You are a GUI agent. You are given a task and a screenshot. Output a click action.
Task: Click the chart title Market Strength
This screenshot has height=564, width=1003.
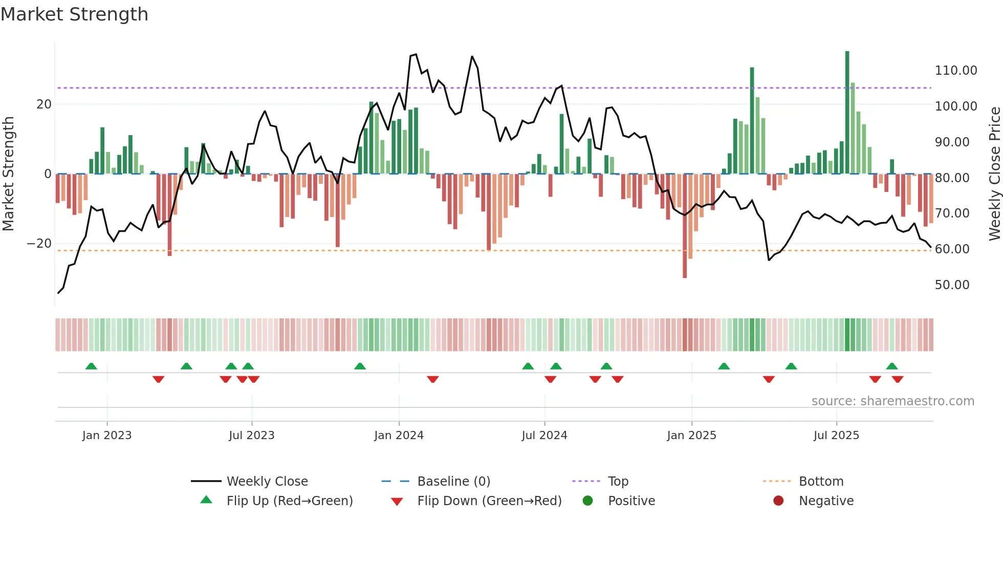tap(74, 14)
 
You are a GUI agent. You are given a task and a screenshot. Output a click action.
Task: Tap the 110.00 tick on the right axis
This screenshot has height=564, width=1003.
tap(955, 71)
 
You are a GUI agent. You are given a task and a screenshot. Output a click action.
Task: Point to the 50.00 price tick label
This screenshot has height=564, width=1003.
tap(952, 285)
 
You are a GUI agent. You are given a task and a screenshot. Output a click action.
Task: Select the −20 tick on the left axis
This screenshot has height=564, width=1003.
tap(39, 244)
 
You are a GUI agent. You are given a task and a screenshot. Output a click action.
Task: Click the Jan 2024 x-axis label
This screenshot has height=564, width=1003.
tap(399, 436)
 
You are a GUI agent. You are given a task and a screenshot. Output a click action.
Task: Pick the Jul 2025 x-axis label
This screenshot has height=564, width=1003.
tap(836, 436)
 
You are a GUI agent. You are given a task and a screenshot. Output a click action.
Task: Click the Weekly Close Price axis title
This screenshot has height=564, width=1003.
tap(994, 174)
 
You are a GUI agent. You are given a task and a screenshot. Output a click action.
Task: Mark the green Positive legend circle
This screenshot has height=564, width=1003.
tap(587, 501)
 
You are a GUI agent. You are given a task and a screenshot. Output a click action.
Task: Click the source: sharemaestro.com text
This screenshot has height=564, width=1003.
tap(892, 401)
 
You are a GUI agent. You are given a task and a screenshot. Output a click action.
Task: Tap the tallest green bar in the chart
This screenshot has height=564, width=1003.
tap(847, 113)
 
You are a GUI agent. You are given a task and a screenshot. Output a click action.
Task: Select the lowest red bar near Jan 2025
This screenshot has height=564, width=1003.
tap(685, 225)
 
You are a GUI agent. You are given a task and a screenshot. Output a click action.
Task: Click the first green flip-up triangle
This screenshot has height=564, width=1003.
tap(91, 366)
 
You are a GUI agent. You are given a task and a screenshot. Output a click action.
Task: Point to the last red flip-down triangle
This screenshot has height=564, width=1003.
tap(897, 379)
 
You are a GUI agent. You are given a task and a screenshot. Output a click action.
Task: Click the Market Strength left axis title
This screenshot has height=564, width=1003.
tap(9, 174)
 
